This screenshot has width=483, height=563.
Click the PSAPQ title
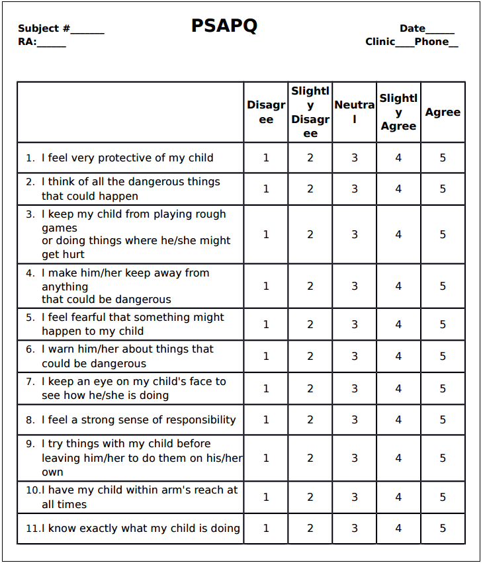[224, 26]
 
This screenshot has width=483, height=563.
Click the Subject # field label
[44, 29]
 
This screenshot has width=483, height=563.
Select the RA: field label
[27, 42]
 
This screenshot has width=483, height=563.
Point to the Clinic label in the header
[380, 42]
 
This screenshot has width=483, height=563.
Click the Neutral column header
[354, 112]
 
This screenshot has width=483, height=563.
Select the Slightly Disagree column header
[310, 112]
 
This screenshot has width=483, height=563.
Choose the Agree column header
[443, 112]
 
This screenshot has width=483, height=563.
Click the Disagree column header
[266, 112]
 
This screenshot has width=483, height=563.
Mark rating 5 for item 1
[443, 157]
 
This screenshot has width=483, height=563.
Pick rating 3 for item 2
[355, 189]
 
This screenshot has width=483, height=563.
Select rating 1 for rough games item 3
[266, 234]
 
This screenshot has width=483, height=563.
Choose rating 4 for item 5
[398, 324]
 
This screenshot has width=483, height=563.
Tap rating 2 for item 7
[310, 388]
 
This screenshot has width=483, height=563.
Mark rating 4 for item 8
[398, 419]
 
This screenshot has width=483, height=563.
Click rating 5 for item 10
[443, 497]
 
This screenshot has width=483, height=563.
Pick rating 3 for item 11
[355, 528]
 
